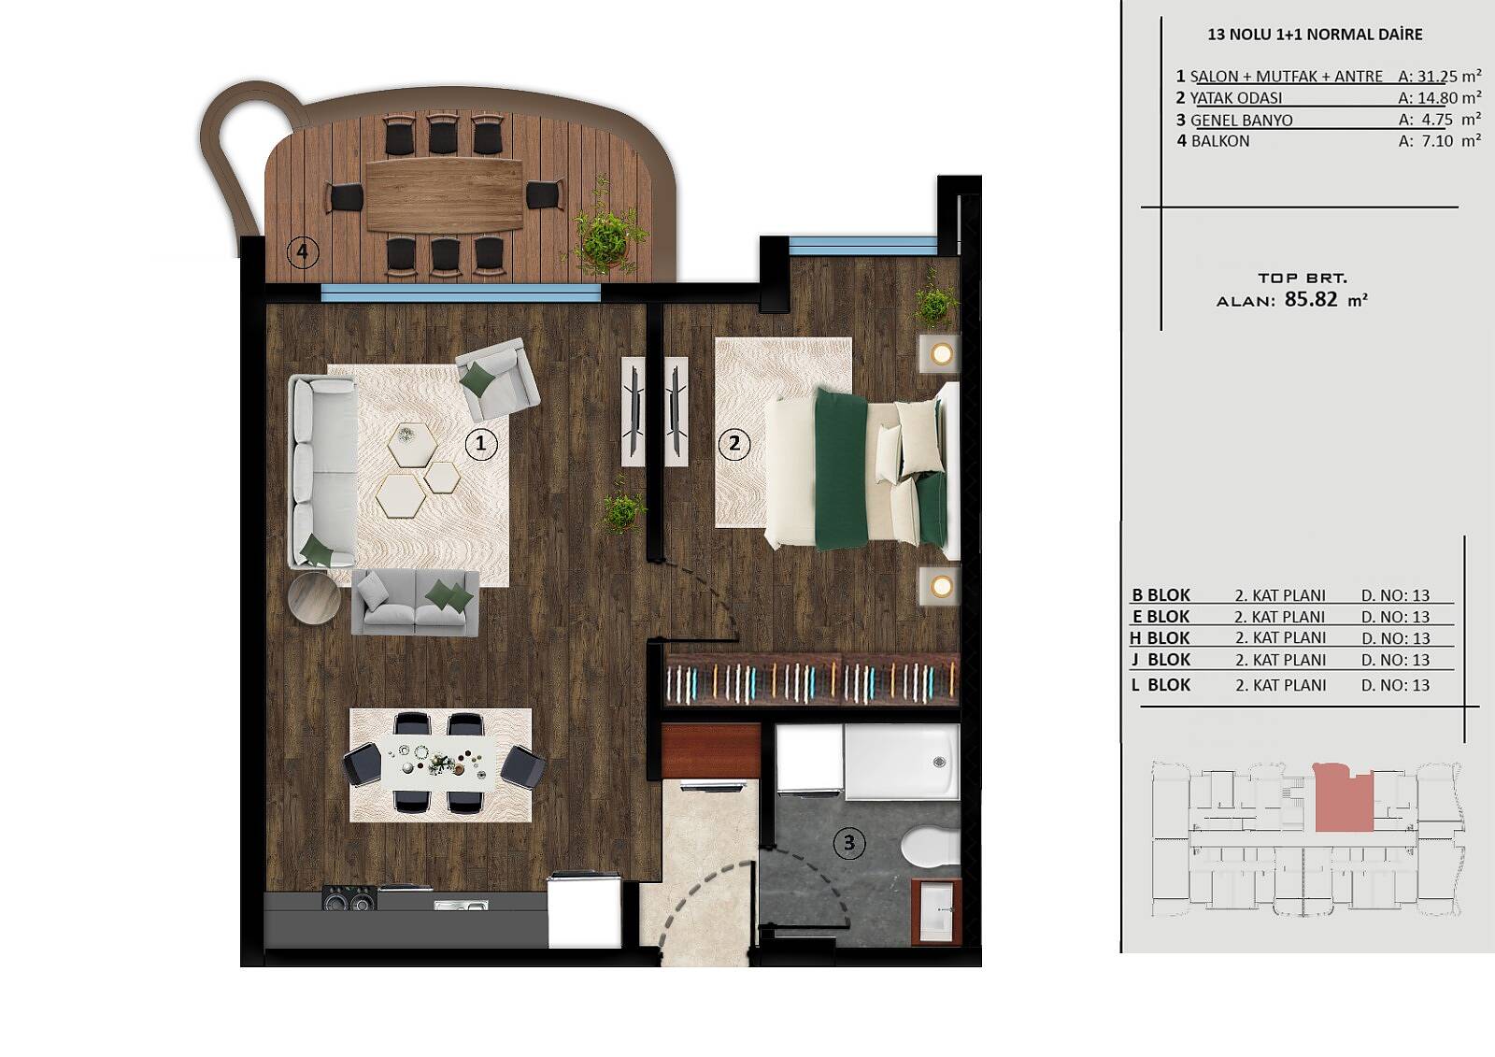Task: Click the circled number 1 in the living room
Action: coord(480,443)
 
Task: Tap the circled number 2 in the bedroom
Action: coord(734,443)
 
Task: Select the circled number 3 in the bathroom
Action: coord(849,843)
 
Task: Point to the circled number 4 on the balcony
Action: coord(303,252)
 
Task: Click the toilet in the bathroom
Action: coord(930,846)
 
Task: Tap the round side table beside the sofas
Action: coord(314,598)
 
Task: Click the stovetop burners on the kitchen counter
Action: coord(349,899)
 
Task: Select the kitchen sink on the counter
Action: coord(461,906)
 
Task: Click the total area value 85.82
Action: coord(1311,298)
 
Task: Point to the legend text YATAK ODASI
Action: coord(1236,98)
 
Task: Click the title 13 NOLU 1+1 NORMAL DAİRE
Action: coord(1315,35)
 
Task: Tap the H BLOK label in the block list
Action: coord(1160,638)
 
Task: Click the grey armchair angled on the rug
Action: coord(498,379)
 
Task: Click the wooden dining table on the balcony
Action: coord(445,195)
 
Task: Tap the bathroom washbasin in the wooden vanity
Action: coord(937,911)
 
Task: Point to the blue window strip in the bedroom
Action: coord(863,244)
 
